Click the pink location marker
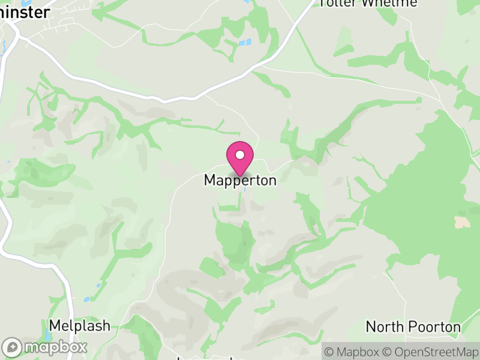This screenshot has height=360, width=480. (240, 158)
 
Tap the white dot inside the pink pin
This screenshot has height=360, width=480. (240, 155)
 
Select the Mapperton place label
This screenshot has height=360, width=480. (240, 180)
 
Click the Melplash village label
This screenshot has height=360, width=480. (80, 326)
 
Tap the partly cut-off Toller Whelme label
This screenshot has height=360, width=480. (368, 3)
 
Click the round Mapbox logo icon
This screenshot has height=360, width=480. (13, 347)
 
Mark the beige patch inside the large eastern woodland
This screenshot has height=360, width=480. (462, 222)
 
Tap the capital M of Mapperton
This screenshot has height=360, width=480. (209, 180)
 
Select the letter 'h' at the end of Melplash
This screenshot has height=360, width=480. (106, 326)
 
